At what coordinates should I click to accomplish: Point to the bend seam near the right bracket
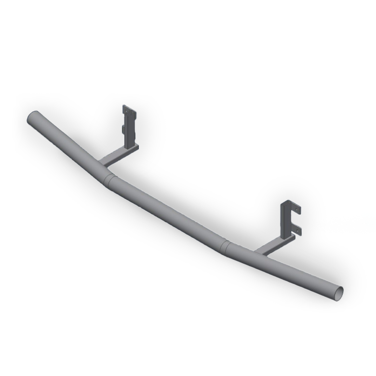tap(225, 245)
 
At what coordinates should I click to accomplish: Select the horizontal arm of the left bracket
tap(118, 155)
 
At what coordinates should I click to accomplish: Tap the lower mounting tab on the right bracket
tap(295, 232)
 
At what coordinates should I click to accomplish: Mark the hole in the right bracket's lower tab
tap(296, 232)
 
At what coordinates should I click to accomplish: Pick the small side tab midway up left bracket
tap(124, 129)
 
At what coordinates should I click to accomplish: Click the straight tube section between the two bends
tap(169, 212)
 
